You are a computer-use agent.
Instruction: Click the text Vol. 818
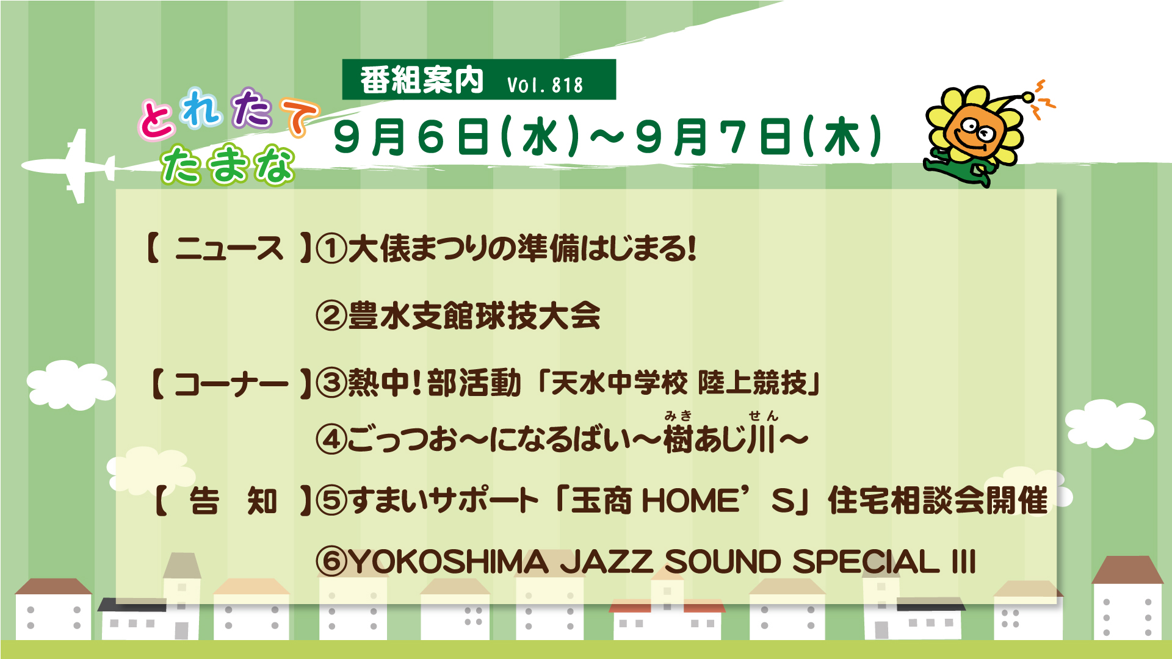(x=545, y=85)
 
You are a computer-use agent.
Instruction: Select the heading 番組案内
(x=422, y=81)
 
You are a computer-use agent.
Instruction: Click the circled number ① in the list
(x=331, y=249)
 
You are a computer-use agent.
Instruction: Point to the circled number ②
(x=331, y=316)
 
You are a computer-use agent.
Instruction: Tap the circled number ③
(x=331, y=383)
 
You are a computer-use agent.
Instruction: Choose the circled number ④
(x=331, y=439)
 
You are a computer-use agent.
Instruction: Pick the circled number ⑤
(x=331, y=501)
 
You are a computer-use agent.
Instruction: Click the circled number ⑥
(x=331, y=561)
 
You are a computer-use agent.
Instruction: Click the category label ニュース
(x=230, y=249)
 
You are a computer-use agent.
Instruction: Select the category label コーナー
(x=231, y=384)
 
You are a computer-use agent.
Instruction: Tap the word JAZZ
(x=607, y=561)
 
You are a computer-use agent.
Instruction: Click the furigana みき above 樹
(x=678, y=416)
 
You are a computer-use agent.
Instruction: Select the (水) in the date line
(x=540, y=137)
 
